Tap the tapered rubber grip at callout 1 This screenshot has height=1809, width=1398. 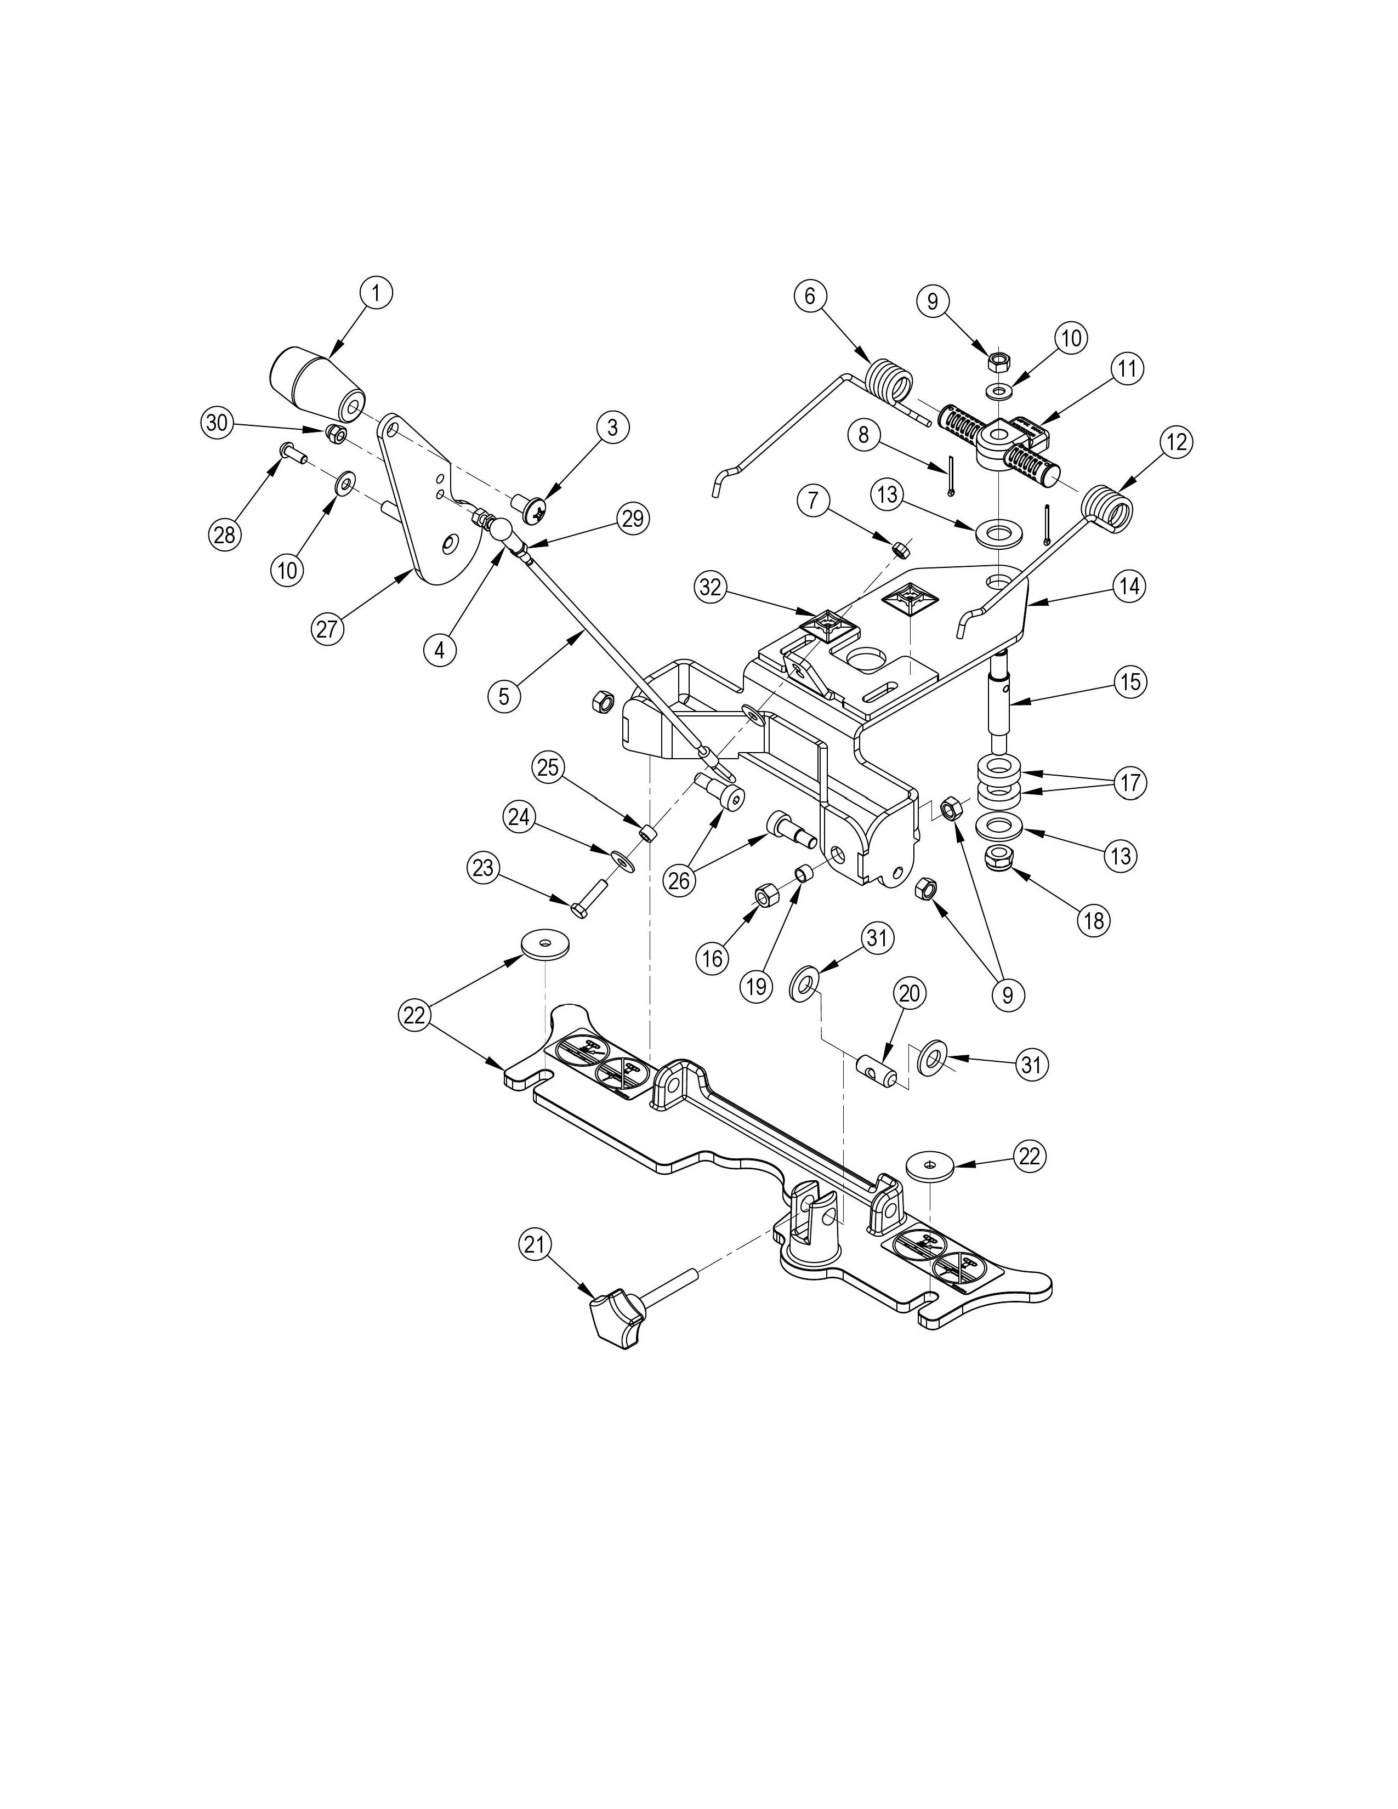click(320, 384)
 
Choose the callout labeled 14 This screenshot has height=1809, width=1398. click(1130, 587)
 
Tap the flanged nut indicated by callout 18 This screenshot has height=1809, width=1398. click(1001, 860)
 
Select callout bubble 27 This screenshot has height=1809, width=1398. click(327, 629)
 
